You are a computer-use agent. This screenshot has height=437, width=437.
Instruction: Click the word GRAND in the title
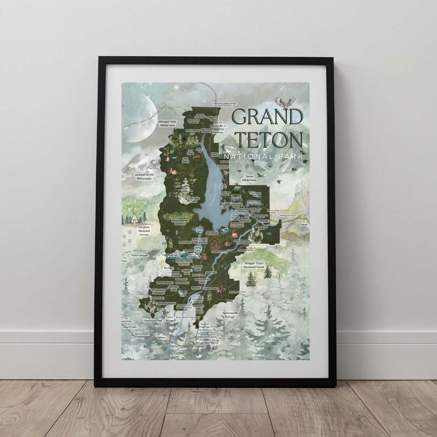pos(267,117)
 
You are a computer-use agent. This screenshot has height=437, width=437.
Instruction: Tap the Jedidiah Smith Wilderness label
pos(143,176)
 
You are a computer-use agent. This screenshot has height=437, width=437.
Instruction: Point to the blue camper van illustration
pos(223,231)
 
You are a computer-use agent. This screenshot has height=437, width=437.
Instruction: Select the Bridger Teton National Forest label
pos(254,265)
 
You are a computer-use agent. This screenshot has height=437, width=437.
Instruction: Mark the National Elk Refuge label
pos(229,315)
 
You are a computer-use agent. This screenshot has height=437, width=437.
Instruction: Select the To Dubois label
pos(303,223)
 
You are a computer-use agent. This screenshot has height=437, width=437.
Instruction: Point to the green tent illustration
pos(238,188)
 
